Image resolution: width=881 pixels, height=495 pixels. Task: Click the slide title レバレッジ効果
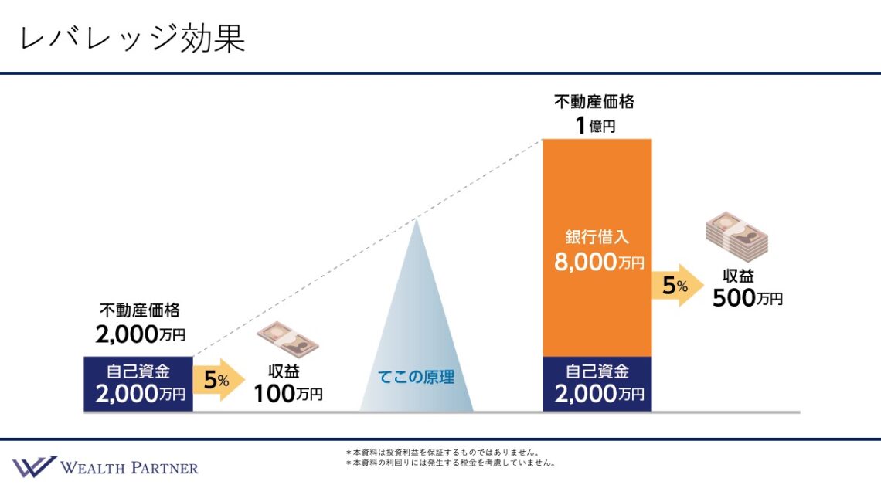tap(132, 39)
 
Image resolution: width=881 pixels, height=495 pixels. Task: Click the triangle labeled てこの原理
tap(417, 348)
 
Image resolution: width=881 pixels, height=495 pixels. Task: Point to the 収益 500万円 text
tap(747, 288)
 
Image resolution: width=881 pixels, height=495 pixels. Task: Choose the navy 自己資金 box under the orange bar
tap(597, 384)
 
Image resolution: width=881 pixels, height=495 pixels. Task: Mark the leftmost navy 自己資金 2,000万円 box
tap(138, 384)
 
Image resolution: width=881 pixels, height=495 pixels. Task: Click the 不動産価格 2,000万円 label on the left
tap(140, 323)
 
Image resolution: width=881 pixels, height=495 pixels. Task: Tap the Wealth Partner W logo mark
tap(33, 466)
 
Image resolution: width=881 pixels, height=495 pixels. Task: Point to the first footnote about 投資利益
tap(442, 453)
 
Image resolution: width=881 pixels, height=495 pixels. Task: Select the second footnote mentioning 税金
tap(451, 463)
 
